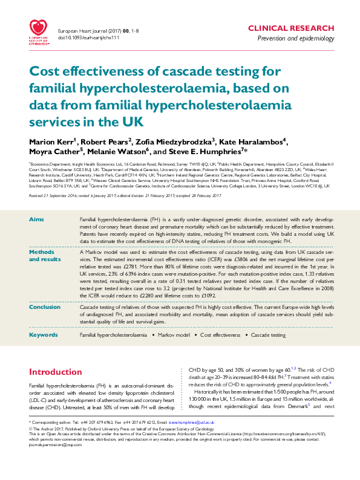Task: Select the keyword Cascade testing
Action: (268, 334)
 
